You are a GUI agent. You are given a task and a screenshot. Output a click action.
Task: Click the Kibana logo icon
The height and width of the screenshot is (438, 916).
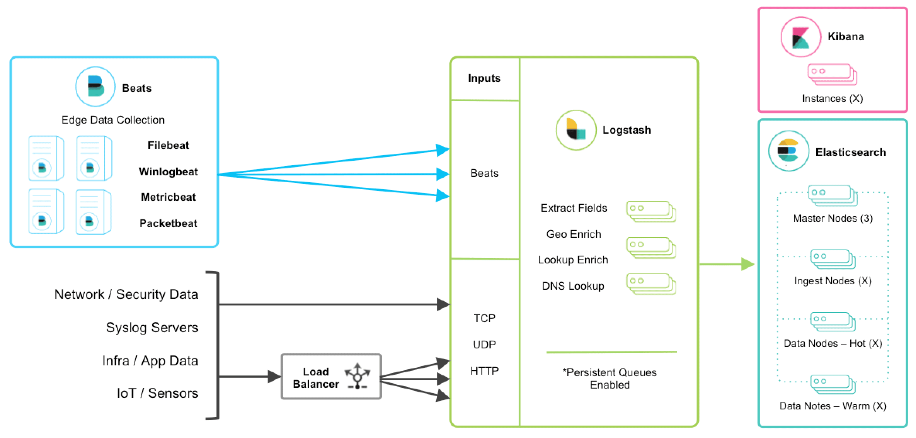point(800,37)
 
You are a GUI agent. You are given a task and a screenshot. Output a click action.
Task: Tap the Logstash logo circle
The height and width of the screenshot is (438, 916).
point(575,130)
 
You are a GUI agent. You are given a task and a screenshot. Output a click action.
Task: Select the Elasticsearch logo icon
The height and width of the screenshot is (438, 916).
point(788,151)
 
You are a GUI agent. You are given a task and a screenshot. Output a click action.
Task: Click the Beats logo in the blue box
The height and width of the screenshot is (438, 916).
point(95,87)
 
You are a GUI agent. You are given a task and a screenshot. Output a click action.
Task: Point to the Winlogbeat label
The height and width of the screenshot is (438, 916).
point(168,171)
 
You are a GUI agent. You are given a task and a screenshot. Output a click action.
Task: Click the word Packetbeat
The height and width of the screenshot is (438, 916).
point(168,223)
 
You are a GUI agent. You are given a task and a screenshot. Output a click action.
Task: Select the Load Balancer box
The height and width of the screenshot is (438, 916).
point(331,377)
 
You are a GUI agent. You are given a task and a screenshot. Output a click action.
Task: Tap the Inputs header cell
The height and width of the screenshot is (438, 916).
point(484,78)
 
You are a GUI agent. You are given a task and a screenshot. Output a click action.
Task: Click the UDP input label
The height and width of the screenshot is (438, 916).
point(484,345)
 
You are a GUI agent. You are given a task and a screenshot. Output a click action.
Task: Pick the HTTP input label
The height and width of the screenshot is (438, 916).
point(484,371)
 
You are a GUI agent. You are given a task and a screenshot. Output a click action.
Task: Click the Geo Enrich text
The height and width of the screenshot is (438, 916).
point(574,234)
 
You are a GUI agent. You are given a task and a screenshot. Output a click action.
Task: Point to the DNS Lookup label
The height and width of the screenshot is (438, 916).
point(573,286)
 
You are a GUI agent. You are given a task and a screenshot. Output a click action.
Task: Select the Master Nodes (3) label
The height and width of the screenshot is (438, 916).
point(833,218)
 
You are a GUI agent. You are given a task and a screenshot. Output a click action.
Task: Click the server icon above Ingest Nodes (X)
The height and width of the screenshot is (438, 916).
point(833,259)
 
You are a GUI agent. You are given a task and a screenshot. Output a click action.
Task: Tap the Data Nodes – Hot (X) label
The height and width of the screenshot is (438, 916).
point(833,343)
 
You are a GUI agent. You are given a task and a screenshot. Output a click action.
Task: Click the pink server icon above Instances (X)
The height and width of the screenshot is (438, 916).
point(832,75)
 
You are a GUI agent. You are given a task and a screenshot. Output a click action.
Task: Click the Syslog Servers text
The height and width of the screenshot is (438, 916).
point(152,328)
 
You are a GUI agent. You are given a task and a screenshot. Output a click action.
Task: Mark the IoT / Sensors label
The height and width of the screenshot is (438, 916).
point(157,393)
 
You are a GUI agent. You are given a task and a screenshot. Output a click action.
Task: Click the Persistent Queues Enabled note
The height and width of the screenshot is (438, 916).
point(610,379)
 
